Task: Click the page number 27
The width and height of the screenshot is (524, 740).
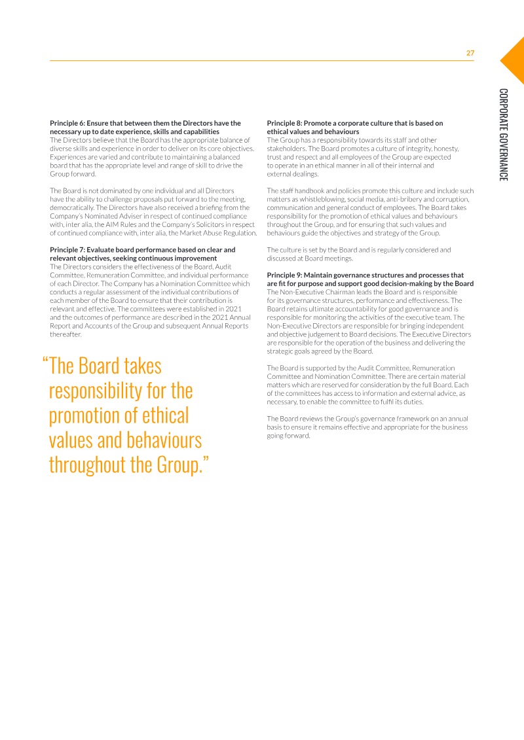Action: (470, 53)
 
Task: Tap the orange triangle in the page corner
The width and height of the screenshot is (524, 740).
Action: (515, 60)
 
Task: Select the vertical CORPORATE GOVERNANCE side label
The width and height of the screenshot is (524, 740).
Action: (502, 135)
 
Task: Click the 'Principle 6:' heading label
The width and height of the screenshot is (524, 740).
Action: (67, 123)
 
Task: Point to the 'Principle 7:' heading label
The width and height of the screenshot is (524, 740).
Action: (67, 250)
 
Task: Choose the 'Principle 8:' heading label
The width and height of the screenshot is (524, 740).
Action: (284, 123)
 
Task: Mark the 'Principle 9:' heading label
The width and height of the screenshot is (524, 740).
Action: (284, 275)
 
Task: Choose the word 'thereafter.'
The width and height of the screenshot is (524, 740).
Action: (65, 334)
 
